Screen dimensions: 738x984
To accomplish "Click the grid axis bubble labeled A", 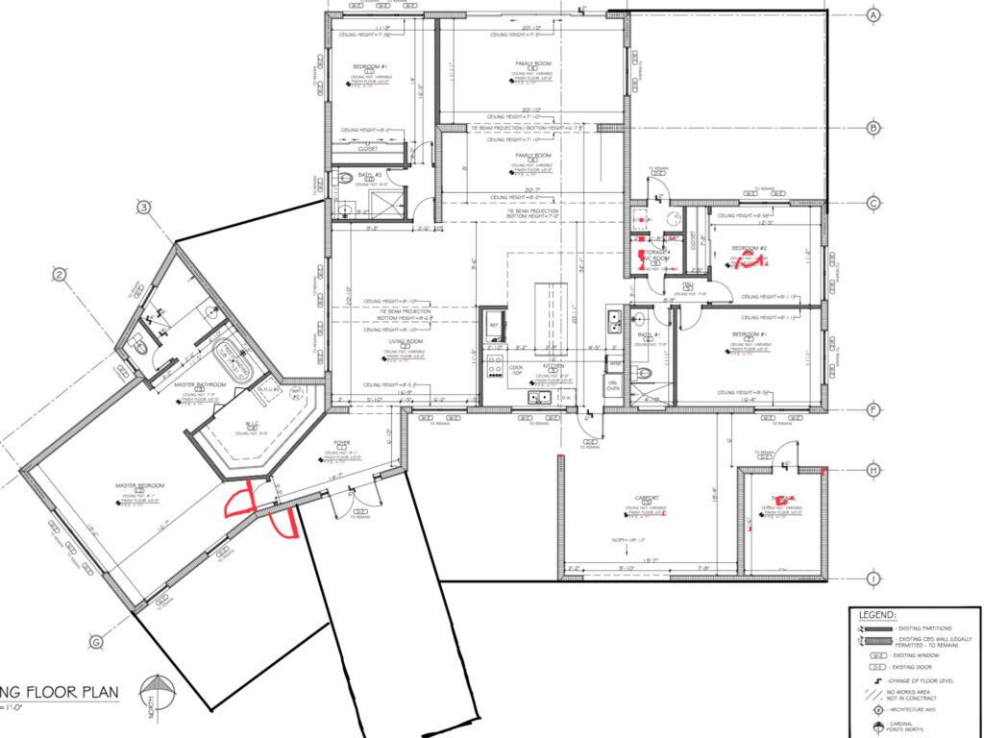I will click(x=874, y=16).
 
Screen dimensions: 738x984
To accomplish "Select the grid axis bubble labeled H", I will click(x=874, y=470).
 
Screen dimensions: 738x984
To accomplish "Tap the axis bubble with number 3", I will click(x=143, y=207).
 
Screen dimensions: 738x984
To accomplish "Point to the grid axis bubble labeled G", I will click(x=96, y=642).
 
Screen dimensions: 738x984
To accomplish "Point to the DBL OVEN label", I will click(x=613, y=385).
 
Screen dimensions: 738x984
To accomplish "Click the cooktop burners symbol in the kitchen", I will click(x=497, y=365).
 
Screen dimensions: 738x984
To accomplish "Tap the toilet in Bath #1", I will click(x=647, y=373).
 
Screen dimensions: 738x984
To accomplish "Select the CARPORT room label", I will click(x=647, y=498).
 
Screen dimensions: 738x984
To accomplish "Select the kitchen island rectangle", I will click(x=549, y=313).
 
